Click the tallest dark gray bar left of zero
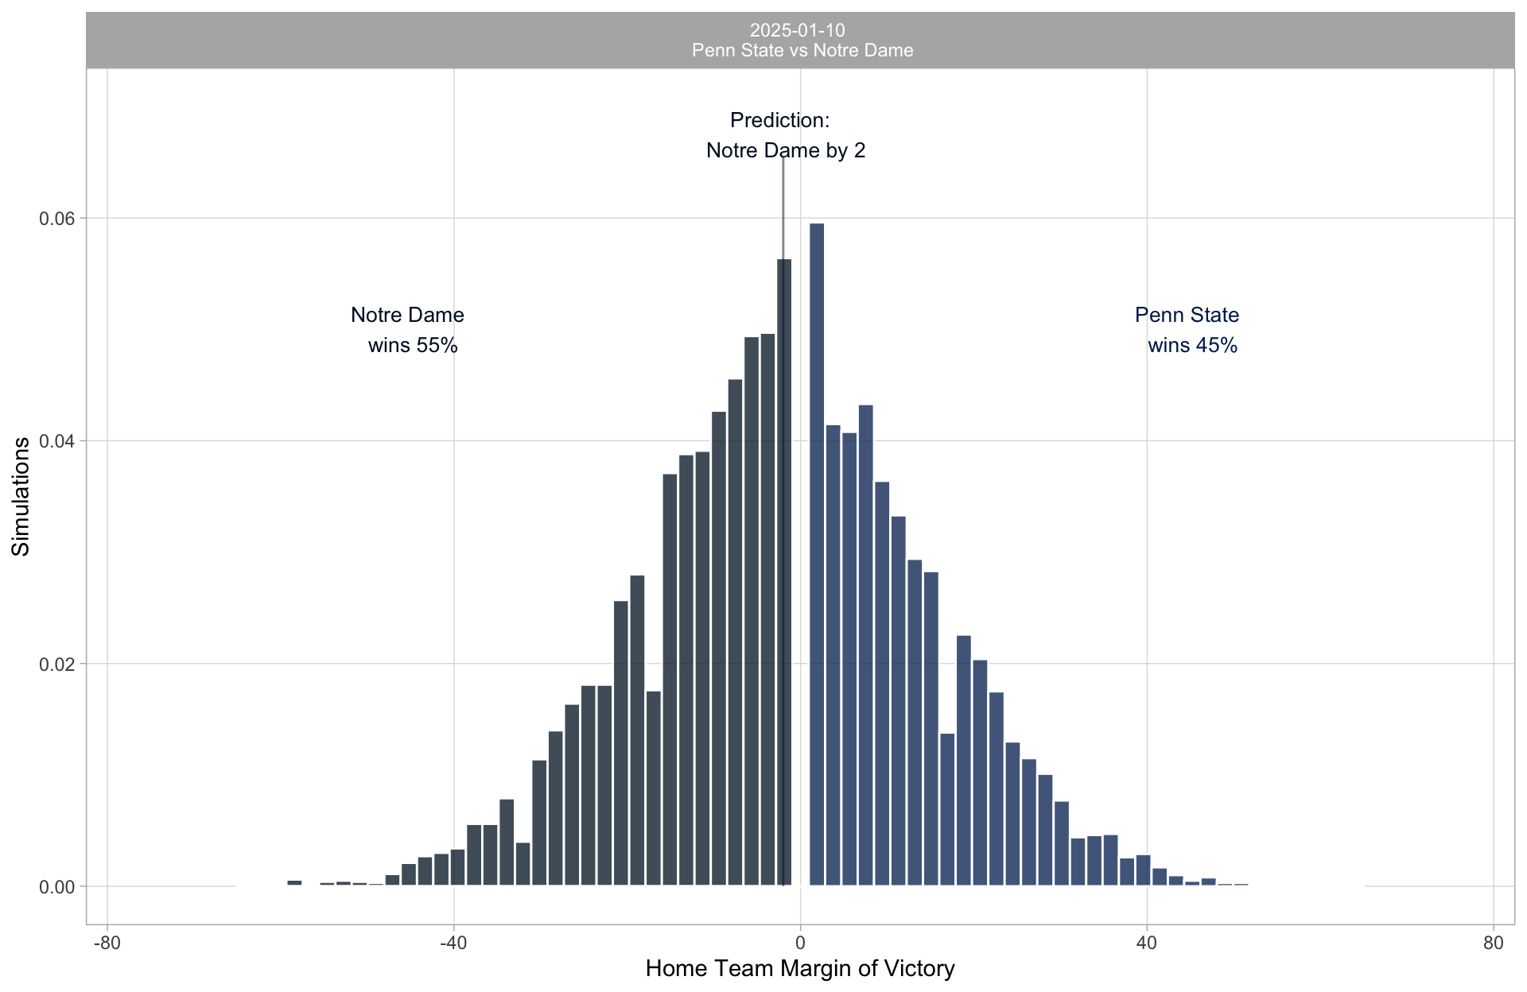(x=783, y=572)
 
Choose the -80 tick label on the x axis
(x=107, y=944)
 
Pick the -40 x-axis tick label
(x=453, y=944)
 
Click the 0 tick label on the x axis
(x=800, y=944)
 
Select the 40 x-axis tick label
(x=1147, y=944)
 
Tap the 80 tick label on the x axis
(x=1494, y=944)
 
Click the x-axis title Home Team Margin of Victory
(x=800, y=969)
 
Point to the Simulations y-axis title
(x=21, y=497)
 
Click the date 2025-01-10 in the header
(x=797, y=30)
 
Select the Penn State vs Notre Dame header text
(x=802, y=51)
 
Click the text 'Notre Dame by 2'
(x=786, y=151)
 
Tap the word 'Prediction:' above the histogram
(x=779, y=121)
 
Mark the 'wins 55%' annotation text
(x=413, y=346)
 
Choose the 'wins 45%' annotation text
(x=1192, y=346)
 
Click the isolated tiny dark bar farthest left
(x=294, y=882)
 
